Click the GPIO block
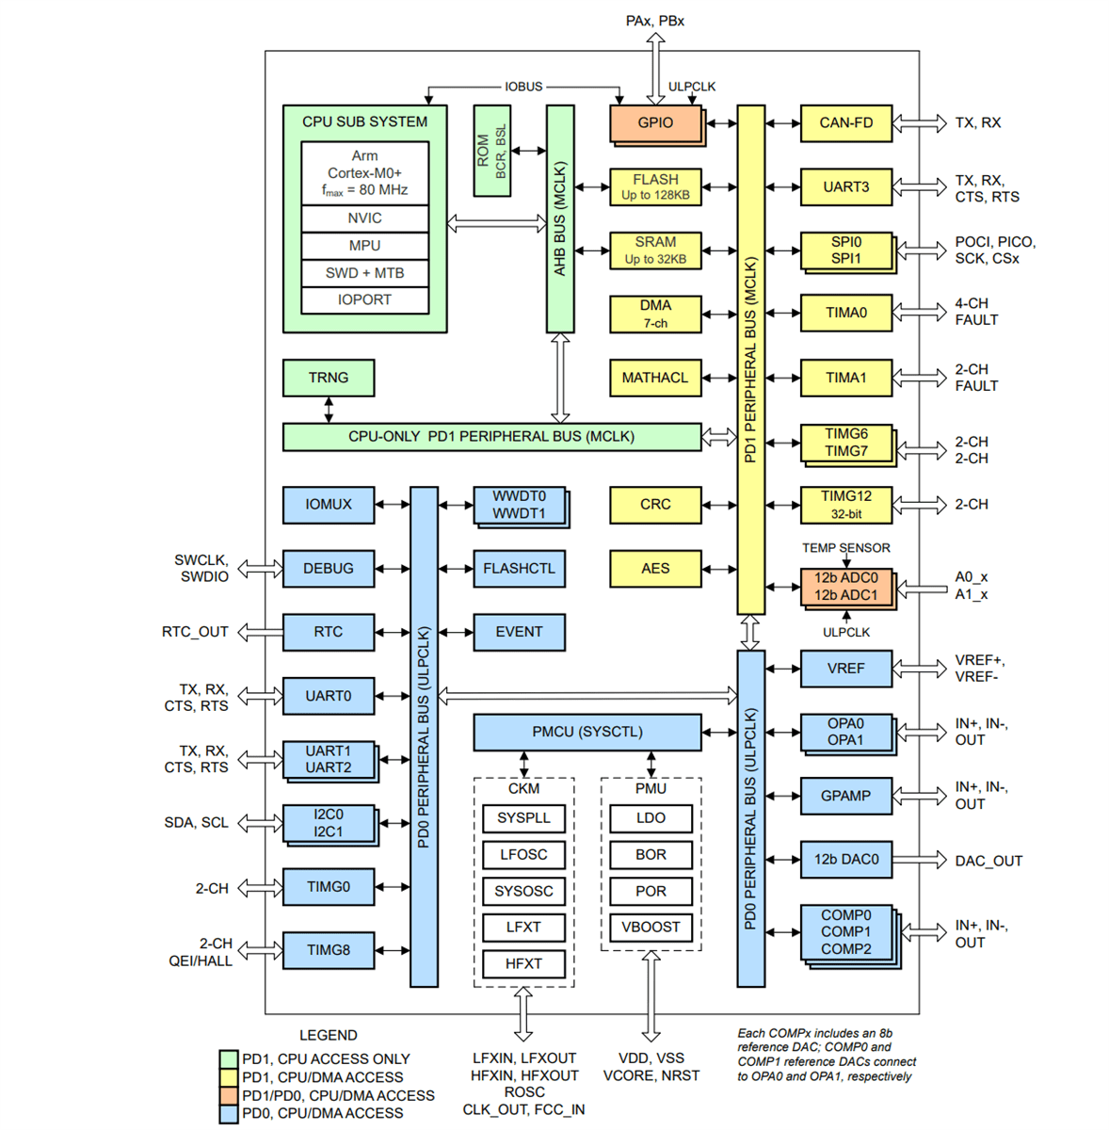click(x=655, y=123)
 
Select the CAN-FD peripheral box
click(x=845, y=123)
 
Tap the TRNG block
click(x=328, y=378)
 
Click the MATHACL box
click(x=655, y=378)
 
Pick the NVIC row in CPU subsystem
click(x=364, y=218)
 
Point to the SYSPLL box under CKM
click(x=523, y=818)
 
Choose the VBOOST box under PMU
click(x=651, y=928)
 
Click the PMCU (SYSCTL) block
click(x=587, y=732)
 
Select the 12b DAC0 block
click(x=845, y=860)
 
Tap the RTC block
click(x=328, y=632)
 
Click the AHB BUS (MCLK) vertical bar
click(x=560, y=218)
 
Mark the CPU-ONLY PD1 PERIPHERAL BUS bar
click(x=491, y=437)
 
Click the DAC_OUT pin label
click(x=988, y=861)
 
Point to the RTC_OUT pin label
click(x=195, y=632)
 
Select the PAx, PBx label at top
click(x=654, y=21)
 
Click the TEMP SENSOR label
click(x=845, y=548)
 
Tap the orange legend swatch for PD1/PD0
click(x=228, y=1096)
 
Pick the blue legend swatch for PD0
click(x=228, y=1114)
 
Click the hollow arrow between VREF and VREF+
click(x=920, y=669)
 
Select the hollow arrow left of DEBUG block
click(x=260, y=569)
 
